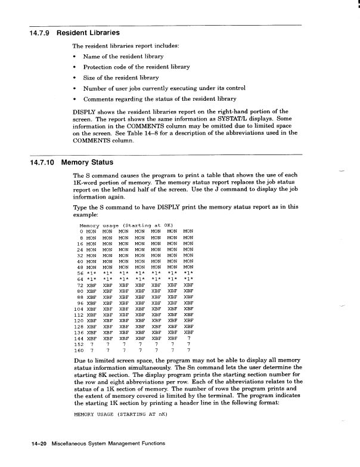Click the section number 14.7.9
(41, 32)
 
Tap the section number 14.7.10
(43, 163)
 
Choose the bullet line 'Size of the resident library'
(120, 78)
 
